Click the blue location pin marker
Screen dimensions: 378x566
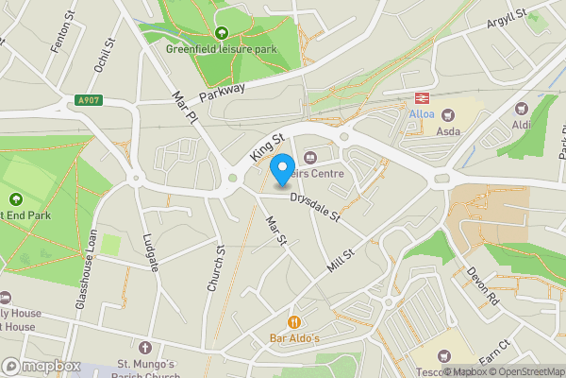pos(281,171)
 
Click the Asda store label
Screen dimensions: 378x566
pos(447,131)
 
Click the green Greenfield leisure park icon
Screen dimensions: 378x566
pos(222,34)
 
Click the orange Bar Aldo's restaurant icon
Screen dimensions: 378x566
pos(295,322)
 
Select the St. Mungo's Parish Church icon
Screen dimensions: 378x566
pos(144,348)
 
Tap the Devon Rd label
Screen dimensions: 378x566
pos(481,286)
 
